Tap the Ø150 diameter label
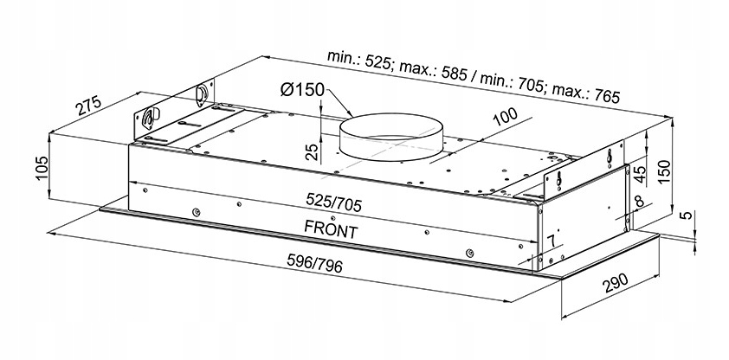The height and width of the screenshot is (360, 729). coord(301,90)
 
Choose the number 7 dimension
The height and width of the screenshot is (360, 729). coord(550,238)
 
